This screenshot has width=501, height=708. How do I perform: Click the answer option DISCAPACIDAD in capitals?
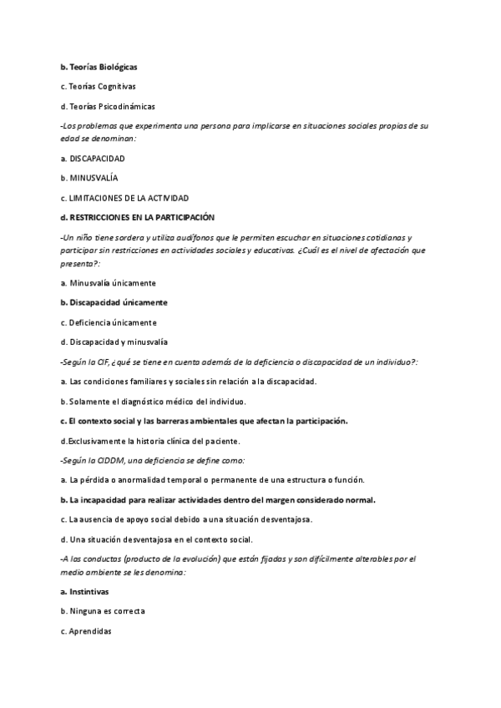pyautogui.click(x=98, y=158)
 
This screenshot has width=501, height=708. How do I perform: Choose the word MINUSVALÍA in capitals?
pyautogui.click(x=94, y=178)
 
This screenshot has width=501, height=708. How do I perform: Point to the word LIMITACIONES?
pyautogui.click(x=99, y=198)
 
